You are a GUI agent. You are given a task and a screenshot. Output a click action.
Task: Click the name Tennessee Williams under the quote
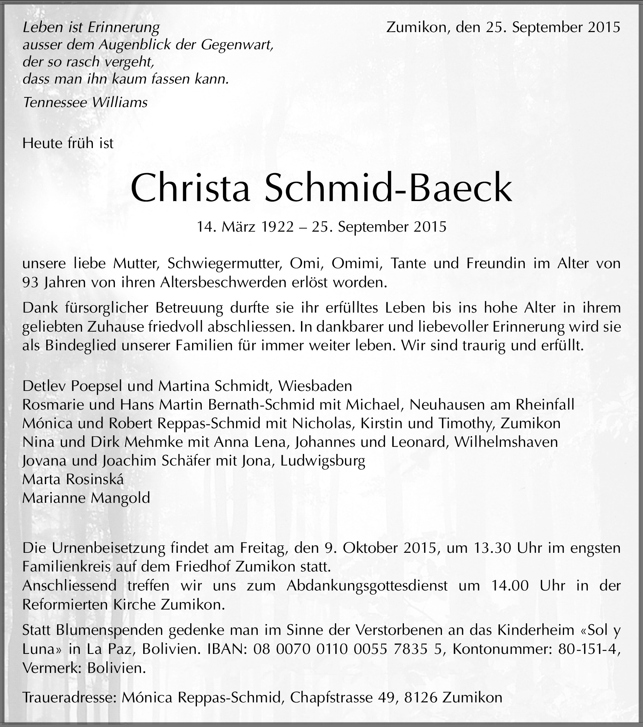tap(85, 102)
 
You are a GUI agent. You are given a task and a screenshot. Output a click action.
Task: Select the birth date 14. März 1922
tap(245, 227)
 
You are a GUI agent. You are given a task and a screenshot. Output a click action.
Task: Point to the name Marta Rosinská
tap(73, 479)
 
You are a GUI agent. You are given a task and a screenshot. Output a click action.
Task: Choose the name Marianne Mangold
tap(86, 498)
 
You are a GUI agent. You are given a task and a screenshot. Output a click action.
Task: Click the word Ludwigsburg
tap(323, 461)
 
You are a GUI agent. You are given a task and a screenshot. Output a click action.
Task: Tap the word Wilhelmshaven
tap(506, 442)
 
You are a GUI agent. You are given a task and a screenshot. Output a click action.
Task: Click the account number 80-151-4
tap(589, 649)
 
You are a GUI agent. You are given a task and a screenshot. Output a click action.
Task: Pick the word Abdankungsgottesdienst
tap(367, 585)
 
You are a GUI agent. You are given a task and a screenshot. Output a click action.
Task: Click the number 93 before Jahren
tap(30, 282)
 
